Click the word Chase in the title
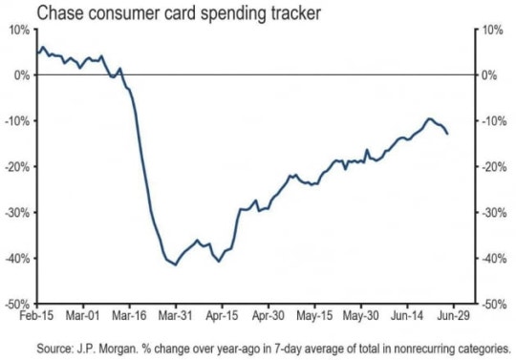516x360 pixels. (59, 13)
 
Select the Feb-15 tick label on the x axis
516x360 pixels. (36, 316)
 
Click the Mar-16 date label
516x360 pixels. (129, 316)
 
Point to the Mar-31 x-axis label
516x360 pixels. (175, 316)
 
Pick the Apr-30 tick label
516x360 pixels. (269, 316)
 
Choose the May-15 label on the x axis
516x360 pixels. (314, 316)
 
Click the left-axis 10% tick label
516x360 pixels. (19, 31)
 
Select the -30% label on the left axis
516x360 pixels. (17, 213)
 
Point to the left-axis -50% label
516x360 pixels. (17, 305)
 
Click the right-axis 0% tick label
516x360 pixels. (489, 75)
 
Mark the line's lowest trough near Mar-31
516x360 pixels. (176, 265)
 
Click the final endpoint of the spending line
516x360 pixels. (447, 134)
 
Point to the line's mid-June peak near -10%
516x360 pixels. (429, 118)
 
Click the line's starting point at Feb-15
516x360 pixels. (37, 53)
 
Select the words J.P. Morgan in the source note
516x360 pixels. (107, 349)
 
